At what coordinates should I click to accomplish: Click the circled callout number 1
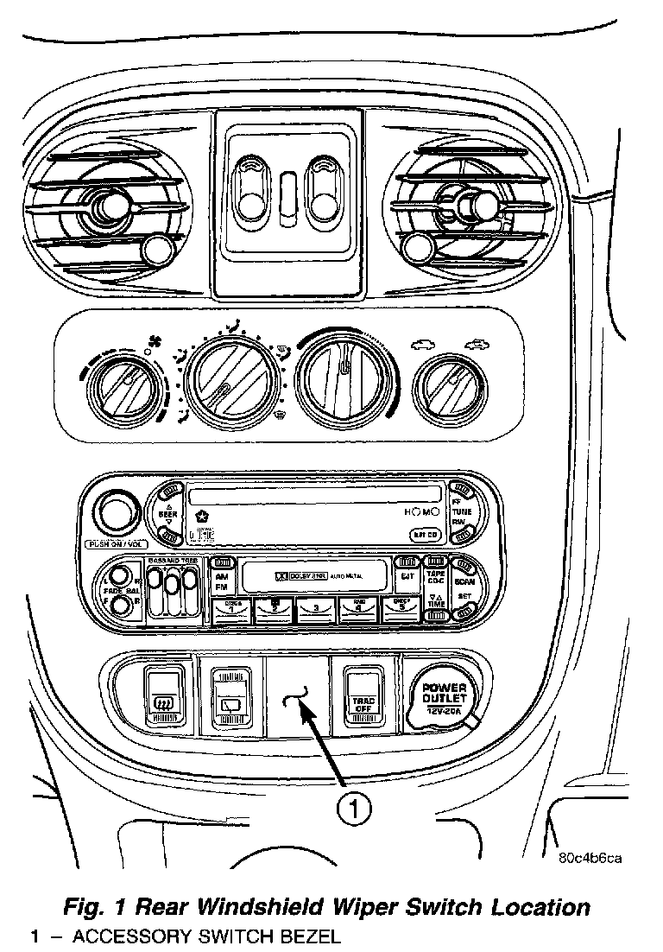(354, 809)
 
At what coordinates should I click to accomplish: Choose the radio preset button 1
(232, 611)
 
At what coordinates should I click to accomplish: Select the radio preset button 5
(399, 611)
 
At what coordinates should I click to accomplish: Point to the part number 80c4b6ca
(590, 857)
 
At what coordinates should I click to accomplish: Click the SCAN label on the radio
(464, 582)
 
